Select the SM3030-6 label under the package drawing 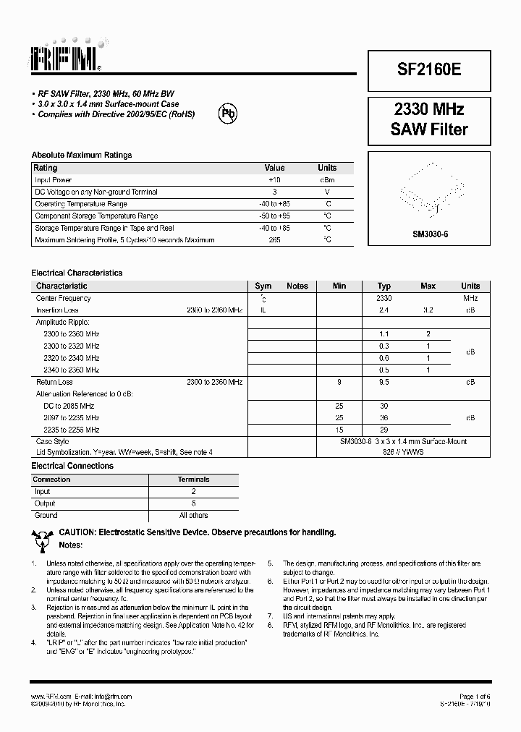pyautogui.click(x=430, y=234)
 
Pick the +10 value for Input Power pyautogui.click(x=274, y=180)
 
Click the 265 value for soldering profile pyautogui.click(x=274, y=239)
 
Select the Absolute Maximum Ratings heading pyautogui.click(x=82, y=155)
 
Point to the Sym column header pyautogui.click(x=263, y=286)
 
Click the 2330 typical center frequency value pyautogui.click(x=384, y=298)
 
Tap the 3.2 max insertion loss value pyautogui.click(x=428, y=310)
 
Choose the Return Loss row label pyautogui.click(x=54, y=381)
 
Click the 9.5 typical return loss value pyautogui.click(x=384, y=381)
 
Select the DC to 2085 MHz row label pyautogui.click(x=69, y=406)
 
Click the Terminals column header pyautogui.click(x=193, y=479)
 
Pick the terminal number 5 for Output pyautogui.click(x=193, y=503)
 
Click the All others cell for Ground pyautogui.click(x=193, y=515)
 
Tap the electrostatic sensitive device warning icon pyautogui.click(x=43, y=537)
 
